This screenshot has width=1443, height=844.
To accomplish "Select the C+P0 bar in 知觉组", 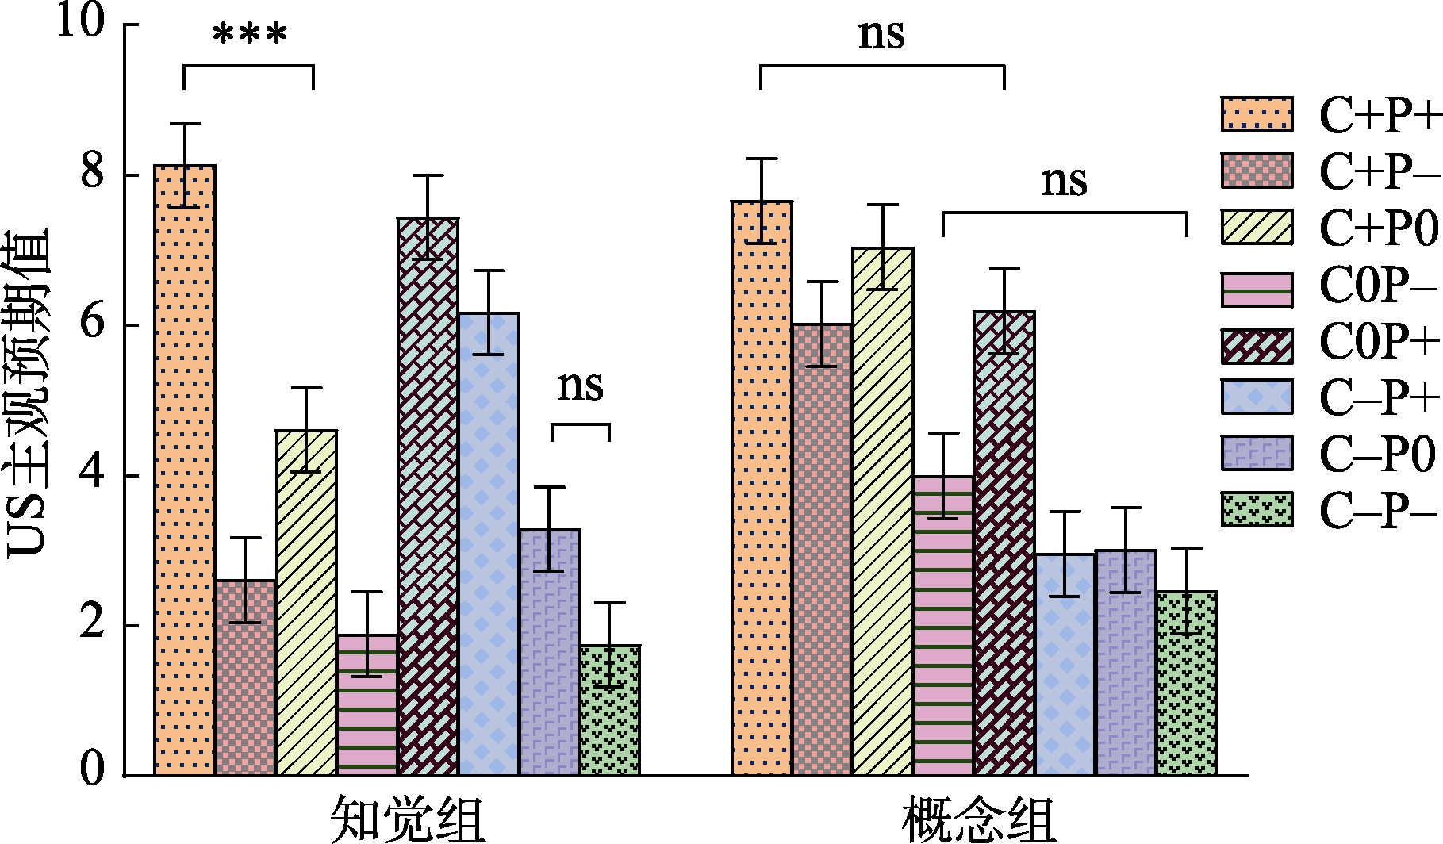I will (x=306, y=603).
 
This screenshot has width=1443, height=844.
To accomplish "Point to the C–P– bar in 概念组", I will (x=1187, y=683).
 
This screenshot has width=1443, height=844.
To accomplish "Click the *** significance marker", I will (x=249, y=36).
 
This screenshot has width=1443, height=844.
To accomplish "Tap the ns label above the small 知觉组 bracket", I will (x=580, y=386).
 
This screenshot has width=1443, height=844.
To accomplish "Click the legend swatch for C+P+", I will (x=1257, y=114).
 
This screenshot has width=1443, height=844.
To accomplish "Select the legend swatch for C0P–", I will (x=1257, y=290).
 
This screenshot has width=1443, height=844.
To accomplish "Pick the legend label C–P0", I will (x=1378, y=455).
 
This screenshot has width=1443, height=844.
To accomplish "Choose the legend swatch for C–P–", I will (x=1257, y=510).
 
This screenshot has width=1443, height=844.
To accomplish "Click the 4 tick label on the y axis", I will (x=92, y=474).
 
